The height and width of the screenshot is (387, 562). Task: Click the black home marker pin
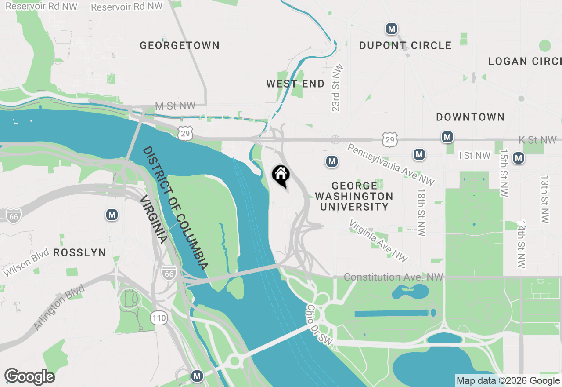[281, 175]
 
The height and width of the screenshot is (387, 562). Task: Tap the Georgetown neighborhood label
[180, 45]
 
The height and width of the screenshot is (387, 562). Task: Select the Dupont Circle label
[405, 45]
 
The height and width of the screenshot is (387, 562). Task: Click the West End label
[295, 84]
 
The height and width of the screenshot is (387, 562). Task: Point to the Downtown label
[470, 117]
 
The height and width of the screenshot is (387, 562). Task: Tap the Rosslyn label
[79, 252]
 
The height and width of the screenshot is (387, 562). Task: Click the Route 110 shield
[159, 318]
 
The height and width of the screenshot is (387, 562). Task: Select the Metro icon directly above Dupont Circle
[391, 29]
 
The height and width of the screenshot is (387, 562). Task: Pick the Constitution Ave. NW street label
[393, 277]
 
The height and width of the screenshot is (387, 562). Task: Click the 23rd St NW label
[337, 88]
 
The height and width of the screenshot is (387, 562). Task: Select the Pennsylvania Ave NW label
[390, 164]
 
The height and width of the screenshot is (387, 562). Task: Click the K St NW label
[537, 140]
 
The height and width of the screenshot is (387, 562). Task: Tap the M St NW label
[175, 106]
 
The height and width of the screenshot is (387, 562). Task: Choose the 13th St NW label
[545, 200]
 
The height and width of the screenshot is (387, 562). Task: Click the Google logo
[29, 377]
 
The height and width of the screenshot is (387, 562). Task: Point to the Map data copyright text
[508, 381]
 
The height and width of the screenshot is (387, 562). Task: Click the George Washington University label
[354, 196]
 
